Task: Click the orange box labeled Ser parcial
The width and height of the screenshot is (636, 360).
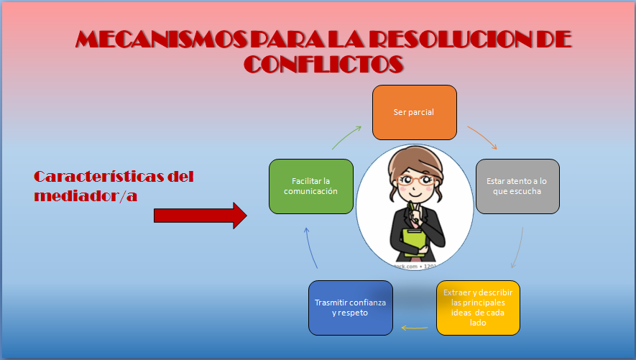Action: tap(414, 112)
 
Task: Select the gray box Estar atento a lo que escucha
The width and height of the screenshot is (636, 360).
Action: tap(517, 187)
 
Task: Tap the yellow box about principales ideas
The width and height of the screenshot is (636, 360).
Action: tap(478, 308)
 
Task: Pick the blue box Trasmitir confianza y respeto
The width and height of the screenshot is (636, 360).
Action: tap(350, 308)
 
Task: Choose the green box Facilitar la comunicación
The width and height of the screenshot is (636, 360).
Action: tap(310, 186)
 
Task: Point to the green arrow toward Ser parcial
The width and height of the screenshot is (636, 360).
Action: tap(347, 136)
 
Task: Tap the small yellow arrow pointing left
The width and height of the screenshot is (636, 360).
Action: tap(414, 328)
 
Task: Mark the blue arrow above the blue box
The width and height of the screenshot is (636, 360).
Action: tap(310, 247)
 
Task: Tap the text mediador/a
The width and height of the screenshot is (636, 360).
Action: tap(86, 195)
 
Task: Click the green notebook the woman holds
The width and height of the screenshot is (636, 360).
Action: tap(415, 239)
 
